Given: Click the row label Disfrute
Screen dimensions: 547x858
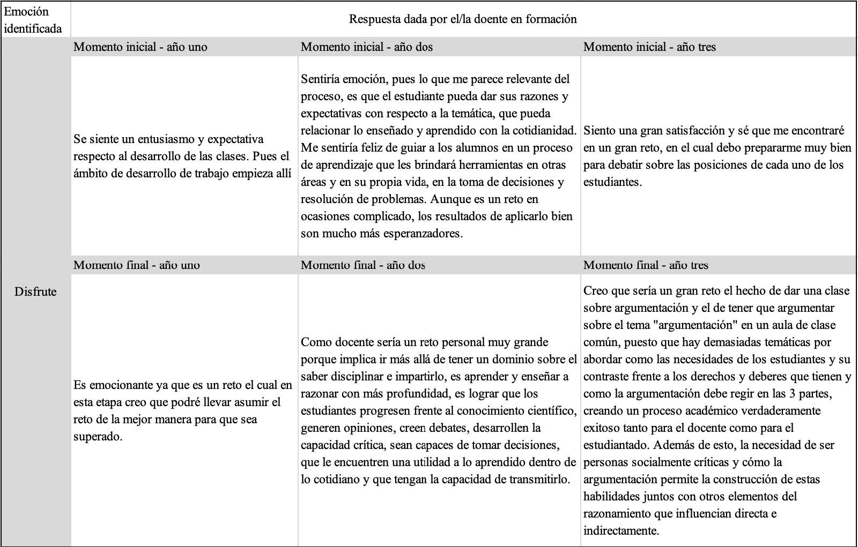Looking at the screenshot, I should click(35, 292).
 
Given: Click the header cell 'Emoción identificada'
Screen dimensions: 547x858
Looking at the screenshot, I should click(33, 20).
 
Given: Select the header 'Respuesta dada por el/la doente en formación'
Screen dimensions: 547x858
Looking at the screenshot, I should click(463, 19).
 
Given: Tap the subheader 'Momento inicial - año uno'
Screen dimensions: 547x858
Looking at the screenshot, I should click(140, 47).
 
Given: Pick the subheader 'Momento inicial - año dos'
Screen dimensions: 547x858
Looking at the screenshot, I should click(367, 47).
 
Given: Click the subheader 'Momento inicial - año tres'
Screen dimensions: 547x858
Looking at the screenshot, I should click(649, 47).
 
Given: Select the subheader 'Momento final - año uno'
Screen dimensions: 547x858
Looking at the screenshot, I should click(137, 265).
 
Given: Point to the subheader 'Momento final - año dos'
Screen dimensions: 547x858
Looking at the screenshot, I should click(363, 265).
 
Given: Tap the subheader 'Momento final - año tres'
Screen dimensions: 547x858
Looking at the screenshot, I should click(646, 265).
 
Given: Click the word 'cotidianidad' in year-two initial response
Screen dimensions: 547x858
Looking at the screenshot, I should click(543, 131).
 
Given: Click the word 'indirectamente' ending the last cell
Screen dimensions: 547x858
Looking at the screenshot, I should click(620, 531).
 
